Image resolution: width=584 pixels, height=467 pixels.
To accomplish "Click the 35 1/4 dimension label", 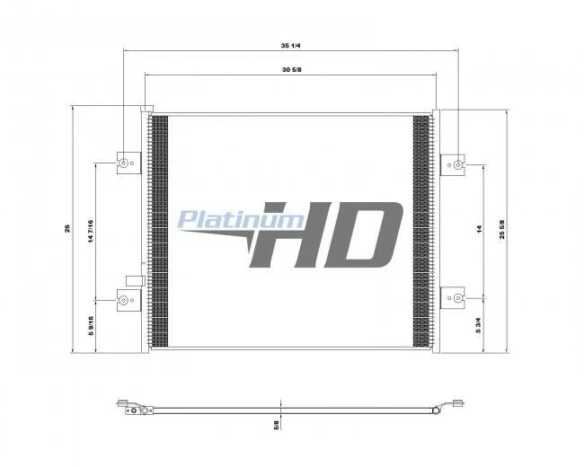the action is click(x=290, y=46).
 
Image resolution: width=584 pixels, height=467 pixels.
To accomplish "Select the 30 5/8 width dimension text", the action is click(x=292, y=70).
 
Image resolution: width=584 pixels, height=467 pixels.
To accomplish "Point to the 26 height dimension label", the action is click(x=67, y=228).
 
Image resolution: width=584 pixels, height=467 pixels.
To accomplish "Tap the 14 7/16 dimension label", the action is click(x=91, y=232).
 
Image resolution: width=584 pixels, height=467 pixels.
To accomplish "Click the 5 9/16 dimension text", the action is click(x=91, y=326).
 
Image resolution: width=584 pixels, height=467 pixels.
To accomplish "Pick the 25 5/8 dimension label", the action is click(x=502, y=229).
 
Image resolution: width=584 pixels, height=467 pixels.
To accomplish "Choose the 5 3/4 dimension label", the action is click(x=479, y=325).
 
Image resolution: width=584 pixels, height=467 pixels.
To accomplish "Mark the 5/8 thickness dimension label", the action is click(x=276, y=425).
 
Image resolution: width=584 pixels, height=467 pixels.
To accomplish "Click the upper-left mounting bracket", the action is click(x=128, y=163).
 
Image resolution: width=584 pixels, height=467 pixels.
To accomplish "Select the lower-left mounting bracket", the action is click(x=128, y=300).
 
